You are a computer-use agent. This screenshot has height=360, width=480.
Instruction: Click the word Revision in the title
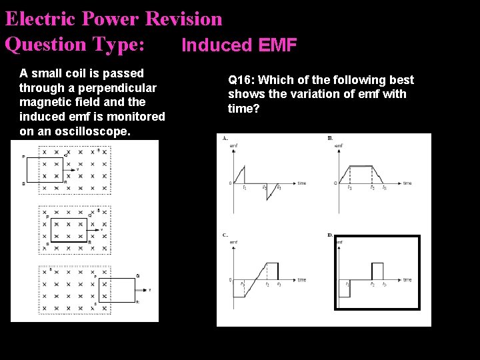pos(183,19)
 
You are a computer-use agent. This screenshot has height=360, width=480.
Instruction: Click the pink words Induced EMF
pos(239,45)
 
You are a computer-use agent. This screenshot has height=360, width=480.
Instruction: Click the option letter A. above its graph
pos(225,138)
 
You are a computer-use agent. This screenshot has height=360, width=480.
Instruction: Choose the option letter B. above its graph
pos(330,138)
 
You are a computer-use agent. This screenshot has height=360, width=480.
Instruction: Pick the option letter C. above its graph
pos(225,235)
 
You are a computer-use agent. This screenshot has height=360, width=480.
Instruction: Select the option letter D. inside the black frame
pos(330,235)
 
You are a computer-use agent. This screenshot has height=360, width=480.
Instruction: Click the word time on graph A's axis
pos(301,183)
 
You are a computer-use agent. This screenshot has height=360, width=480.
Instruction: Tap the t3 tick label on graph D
pos(384,284)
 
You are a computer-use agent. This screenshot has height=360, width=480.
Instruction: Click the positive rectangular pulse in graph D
pos(377,271)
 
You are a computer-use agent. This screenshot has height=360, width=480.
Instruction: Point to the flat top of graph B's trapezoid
pos(361,166)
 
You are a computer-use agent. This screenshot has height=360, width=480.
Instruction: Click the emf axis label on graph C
pos(233,242)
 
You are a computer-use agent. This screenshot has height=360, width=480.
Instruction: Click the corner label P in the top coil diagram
pos(24,157)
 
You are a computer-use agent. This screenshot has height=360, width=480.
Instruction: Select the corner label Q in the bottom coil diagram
pos(137,275)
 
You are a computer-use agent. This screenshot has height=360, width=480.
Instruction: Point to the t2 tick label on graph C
pos(267,285)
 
